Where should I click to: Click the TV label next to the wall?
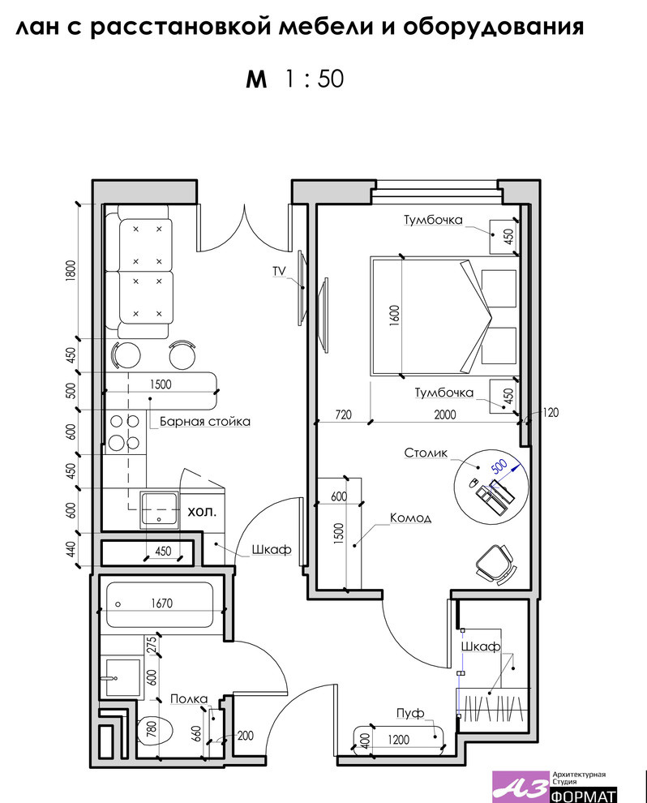pyautogui.click(x=279, y=271)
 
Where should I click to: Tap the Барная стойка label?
pyautogui.click(x=205, y=422)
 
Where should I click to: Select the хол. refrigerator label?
pyautogui.click(x=202, y=511)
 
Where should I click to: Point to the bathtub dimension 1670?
pyautogui.click(x=162, y=603)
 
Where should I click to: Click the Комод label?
pyautogui.click(x=410, y=517)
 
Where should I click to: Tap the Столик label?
pyautogui.click(x=426, y=453)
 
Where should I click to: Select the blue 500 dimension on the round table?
pyautogui.click(x=499, y=466)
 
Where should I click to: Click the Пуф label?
pyautogui.click(x=410, y=713)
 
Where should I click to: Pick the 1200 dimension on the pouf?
pyautogui.click(x=398, y=740)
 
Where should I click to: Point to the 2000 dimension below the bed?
pyautogui.click(x=445, y=414)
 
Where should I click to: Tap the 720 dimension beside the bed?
pyautogui.click(x=343, y=414)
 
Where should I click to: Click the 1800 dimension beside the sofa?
pyautogui.click(x=71, y=270)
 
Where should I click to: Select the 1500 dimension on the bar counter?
pyautogui.click(x=161, y=384)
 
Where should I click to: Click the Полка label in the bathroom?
pyautogui.click(x=189, y=699)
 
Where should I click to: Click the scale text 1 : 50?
pyautogui.click(x=315, y=79)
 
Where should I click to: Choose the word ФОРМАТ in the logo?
pyautogui.click(x=584, y=796)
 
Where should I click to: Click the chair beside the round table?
pyautogui.click(x=495, y=564)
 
